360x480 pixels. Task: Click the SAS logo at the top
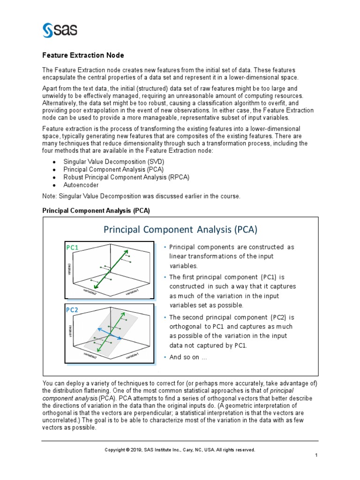(60, 30)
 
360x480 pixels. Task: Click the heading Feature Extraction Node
(83, 55)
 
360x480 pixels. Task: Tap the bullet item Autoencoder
(81, 185)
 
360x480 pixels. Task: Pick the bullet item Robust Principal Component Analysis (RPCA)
(126, 177)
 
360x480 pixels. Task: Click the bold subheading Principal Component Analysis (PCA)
(96, 210)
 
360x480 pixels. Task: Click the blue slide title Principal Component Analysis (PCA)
(180, 230)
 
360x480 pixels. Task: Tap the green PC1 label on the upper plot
(73, 247)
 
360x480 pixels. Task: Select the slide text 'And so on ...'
(187, 357)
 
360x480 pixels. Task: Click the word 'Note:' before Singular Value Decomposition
(50, 196)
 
